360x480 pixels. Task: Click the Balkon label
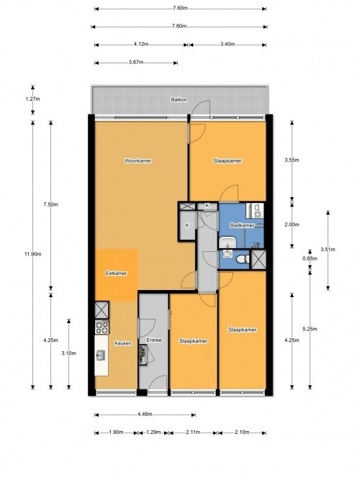tap(179, 99)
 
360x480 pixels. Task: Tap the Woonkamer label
tap(138, 160)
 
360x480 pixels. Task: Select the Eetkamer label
tap(116, 273)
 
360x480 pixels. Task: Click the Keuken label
tap(123, 343)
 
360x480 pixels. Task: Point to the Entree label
tap(154, 340)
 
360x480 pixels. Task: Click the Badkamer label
tap(242, 225)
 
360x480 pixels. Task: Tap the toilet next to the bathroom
tap(243, 259)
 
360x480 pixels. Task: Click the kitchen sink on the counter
tap(101, 356)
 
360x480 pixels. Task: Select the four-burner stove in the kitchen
tap(102, 327)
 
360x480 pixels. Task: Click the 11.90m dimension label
tap(33, 254)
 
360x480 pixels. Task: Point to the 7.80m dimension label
tap(179, 27)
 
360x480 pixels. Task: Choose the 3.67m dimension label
tap(136, 62)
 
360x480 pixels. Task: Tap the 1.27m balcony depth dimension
tap(33, 99)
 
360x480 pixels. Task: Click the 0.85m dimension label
tap(310, 258)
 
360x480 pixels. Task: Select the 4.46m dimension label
tap(145, 415)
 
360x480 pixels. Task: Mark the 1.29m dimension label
tap(153, 433)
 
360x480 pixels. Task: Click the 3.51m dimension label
tap(328, 250)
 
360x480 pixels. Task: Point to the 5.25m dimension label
tap(310, 329)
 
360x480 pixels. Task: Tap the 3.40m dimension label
tap(228, 44)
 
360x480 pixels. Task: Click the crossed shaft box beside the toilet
tap(258, 260)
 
